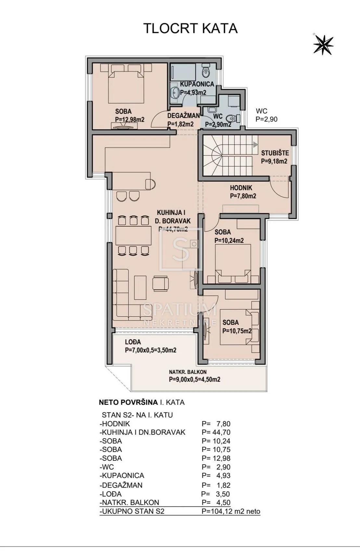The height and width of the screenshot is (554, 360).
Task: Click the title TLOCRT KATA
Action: [190, 28]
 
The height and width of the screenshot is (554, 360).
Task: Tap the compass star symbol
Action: [323, 45]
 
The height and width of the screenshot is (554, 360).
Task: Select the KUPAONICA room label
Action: [197, 84]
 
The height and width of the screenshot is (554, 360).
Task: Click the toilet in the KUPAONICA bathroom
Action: [206, 71]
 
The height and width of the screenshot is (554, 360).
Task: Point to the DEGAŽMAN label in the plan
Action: [183, 115]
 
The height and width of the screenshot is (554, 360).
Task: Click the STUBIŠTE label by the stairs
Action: [275, 153]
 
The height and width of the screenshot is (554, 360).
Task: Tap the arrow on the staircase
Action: [255, 145]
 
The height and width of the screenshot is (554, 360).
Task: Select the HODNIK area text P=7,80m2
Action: [243, 196]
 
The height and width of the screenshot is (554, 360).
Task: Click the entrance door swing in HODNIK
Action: [280, 187]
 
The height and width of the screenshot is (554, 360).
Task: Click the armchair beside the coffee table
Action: [161, 284]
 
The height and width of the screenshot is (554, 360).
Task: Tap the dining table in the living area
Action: [134, 235]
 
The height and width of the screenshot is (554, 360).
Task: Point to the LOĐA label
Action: [133, 342]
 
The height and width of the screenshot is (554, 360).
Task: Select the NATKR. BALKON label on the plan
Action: [188, 372]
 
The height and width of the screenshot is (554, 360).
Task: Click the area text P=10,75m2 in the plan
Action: [237, 331]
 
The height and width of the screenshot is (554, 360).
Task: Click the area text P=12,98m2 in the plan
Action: [130, 119]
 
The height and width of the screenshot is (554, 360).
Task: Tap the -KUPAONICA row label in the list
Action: [122, 475]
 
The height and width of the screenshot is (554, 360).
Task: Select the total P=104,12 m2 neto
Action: [231, 511]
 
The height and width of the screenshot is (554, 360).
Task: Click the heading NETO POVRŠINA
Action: [128, 402]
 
